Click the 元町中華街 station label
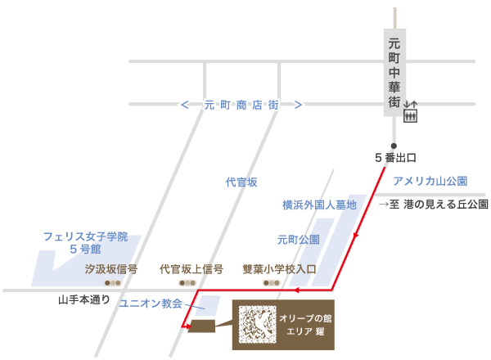pos(394,73)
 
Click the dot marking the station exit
pos(394,146)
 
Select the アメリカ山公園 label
pos(430,180)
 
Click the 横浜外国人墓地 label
pos(319,205)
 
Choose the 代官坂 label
pos(241,182)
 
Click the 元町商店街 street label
pos(241,105)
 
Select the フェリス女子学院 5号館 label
pos(85,242)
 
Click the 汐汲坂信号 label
pos(111,268)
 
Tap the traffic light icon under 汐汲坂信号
pos(112,282)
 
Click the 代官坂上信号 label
pos(191,268)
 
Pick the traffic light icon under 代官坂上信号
pos(191,282)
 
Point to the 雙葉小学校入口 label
pos(279,268)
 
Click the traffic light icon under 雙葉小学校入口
pos(271,282)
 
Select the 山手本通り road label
pos(83,299)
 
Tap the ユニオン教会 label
pos(152,304)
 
